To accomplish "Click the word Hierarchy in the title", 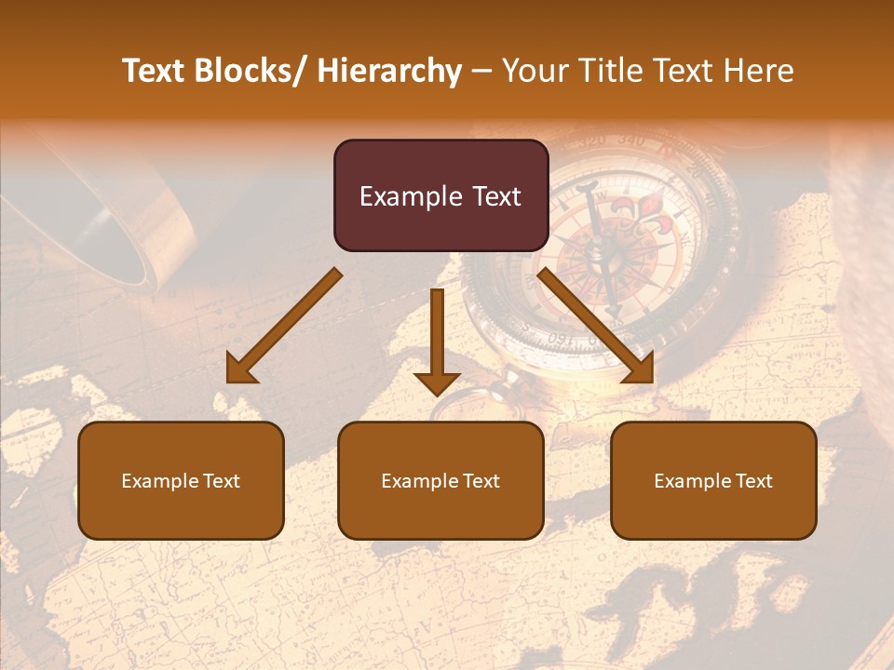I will (x=389, y=71).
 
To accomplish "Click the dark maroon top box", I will (x=440, y=195).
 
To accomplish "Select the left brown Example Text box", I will (x=181, y=480).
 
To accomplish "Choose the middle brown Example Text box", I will (x=440, y=480).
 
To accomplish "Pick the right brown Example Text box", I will (x=713, y=480).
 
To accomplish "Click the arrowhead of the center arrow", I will (x=437, y=382).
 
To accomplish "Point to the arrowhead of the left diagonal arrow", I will (x=240, y=369).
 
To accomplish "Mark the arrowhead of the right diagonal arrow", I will (x=639, y=369).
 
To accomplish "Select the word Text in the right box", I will (x=752, y=481).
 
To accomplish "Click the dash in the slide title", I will (x=481, y=72).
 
